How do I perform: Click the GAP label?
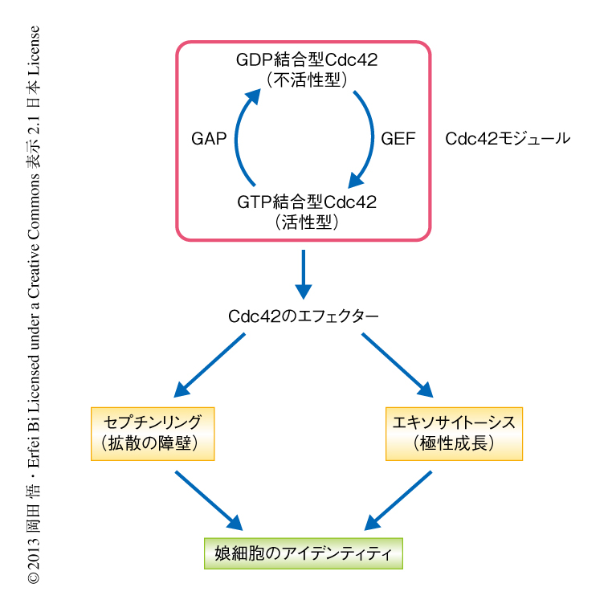coord(208,138)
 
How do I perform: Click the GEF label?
coord(398,138)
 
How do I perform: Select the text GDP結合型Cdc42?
coord(307,59)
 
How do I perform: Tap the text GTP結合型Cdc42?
coord(307,202)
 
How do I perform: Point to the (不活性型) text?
coord(307,80)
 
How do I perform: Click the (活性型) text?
coord(307,222)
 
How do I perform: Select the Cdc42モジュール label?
coord(508,138)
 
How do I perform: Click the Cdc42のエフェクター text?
coord(303,316)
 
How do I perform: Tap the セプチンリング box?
coord(153,432)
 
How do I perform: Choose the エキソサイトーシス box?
coord(454,432)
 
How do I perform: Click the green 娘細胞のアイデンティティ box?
coord(303,553)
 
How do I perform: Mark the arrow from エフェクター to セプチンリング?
coord(209,365)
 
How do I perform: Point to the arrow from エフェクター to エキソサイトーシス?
coord(398,365)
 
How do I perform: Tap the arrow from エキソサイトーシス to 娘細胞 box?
coord(399,500)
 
